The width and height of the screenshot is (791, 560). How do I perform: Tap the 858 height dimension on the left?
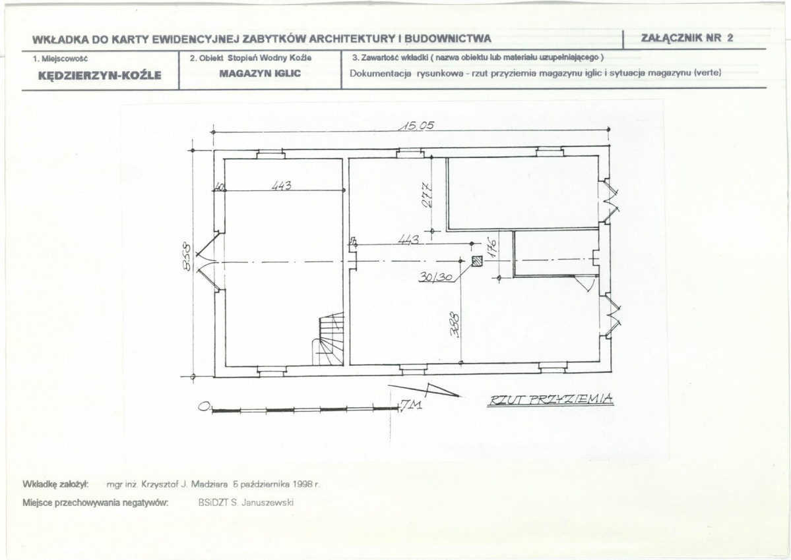point(186,257)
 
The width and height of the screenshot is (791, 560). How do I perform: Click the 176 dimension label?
point(492,247)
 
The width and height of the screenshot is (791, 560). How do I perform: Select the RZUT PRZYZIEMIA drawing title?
point(551,399)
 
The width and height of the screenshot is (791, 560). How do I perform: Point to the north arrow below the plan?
point(424,390)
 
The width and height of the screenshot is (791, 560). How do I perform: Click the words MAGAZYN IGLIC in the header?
point(260,74)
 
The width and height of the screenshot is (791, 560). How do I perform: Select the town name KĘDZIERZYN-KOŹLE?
point(100,76)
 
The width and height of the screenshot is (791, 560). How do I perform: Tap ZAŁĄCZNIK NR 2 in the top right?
point(686,38)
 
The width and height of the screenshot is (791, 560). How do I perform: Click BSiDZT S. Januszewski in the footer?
point(246,503)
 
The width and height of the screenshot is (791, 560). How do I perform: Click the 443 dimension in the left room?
point(282,185)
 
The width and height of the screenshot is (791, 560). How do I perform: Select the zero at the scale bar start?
point(204,406)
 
